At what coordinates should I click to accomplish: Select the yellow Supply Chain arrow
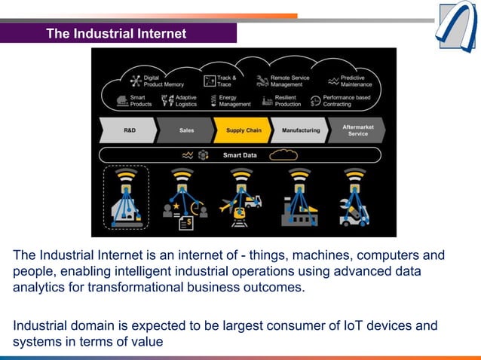coord(243,130)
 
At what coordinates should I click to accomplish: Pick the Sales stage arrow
coord(185,130)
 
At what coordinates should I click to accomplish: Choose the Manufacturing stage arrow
coord(300,130)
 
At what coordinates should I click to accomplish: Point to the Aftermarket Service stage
coord(357,130)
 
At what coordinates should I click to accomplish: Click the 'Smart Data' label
coord(240,155)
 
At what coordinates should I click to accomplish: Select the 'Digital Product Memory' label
coord(162,81)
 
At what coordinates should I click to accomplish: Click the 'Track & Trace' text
coord(226,81)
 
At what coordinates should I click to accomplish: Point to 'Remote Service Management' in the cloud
coord(290,81)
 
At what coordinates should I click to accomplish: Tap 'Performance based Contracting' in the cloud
coord(346,101)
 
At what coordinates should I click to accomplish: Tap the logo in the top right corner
coord(456,26)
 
